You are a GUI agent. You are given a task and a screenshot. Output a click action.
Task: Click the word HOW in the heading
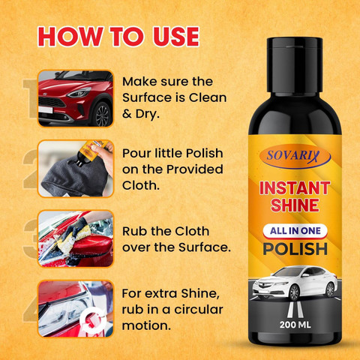[x=70, y=37]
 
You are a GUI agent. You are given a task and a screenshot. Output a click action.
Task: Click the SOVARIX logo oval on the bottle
[x=295, y=156]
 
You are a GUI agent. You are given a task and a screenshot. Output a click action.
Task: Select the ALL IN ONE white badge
[x=295, y=231]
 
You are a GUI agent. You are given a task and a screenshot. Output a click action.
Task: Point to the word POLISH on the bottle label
[x=295, y=249]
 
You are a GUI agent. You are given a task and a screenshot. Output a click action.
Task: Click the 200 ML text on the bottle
[x=295, y=325]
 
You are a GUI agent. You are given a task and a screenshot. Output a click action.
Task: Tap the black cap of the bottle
[x=295, y=65]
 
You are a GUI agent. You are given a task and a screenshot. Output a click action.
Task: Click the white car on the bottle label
[x=295, y=283]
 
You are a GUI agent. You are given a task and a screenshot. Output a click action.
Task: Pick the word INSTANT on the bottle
[x=295, y=188]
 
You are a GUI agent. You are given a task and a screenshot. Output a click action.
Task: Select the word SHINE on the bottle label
[x=295, y=205]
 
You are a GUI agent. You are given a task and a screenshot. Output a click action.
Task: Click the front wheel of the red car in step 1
[x=103, y=114]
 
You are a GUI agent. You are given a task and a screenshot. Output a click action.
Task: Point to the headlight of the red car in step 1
[x=79, y=92]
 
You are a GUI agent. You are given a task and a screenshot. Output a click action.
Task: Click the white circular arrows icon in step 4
[x=92, y=320]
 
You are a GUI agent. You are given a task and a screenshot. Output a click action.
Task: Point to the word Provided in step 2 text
[x=194, y=169]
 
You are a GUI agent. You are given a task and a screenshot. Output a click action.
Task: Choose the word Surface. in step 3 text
[x=205, y=247]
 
